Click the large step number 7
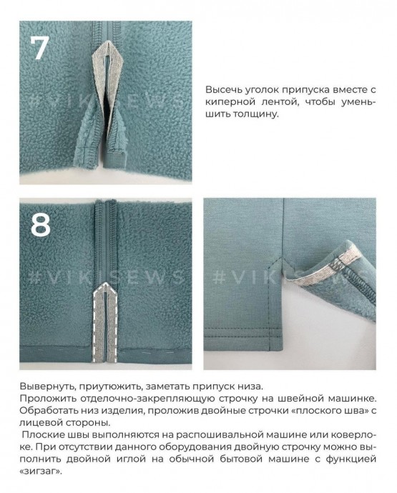tap(40, 47)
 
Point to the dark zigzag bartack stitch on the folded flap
tap(338, 265)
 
